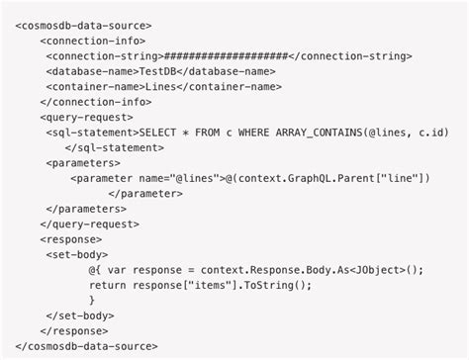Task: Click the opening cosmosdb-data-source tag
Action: [x=84, y=25]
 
